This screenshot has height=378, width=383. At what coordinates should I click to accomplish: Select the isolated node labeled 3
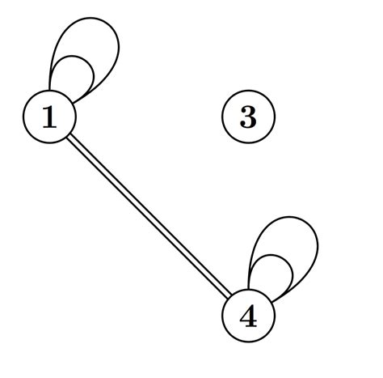point(248,117)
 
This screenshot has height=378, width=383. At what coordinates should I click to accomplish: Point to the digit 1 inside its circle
point(49,118)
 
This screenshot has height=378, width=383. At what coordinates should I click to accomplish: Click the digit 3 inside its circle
point(248,118)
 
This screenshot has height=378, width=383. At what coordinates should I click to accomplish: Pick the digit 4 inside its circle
point(248,317)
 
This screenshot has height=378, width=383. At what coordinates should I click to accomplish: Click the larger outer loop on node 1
point(118,40)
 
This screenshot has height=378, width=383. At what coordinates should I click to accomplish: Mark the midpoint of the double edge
point(149,217)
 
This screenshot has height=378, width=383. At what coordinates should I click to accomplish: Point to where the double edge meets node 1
point(68,137)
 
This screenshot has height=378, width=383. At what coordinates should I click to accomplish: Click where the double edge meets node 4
point(229,298)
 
